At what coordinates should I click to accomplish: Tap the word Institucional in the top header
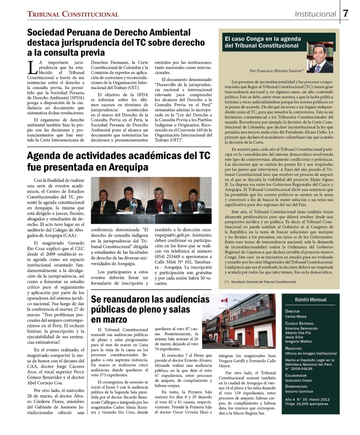[315, 14]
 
